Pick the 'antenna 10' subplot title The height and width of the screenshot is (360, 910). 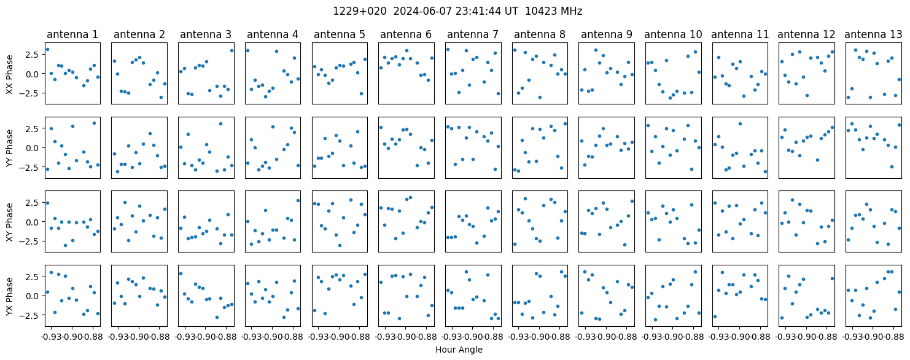pyautogui.click(x=672, y=34)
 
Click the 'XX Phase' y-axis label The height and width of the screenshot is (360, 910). pyautogui.click(x=9, y=74)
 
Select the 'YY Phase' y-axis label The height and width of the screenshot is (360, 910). pyautogui.click(x=9, y=147)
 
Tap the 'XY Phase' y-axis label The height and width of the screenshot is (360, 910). pyautogui.click(x=9, y=221)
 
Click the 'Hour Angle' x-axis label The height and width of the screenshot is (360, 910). pyautogui.click(x=459, y=350)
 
